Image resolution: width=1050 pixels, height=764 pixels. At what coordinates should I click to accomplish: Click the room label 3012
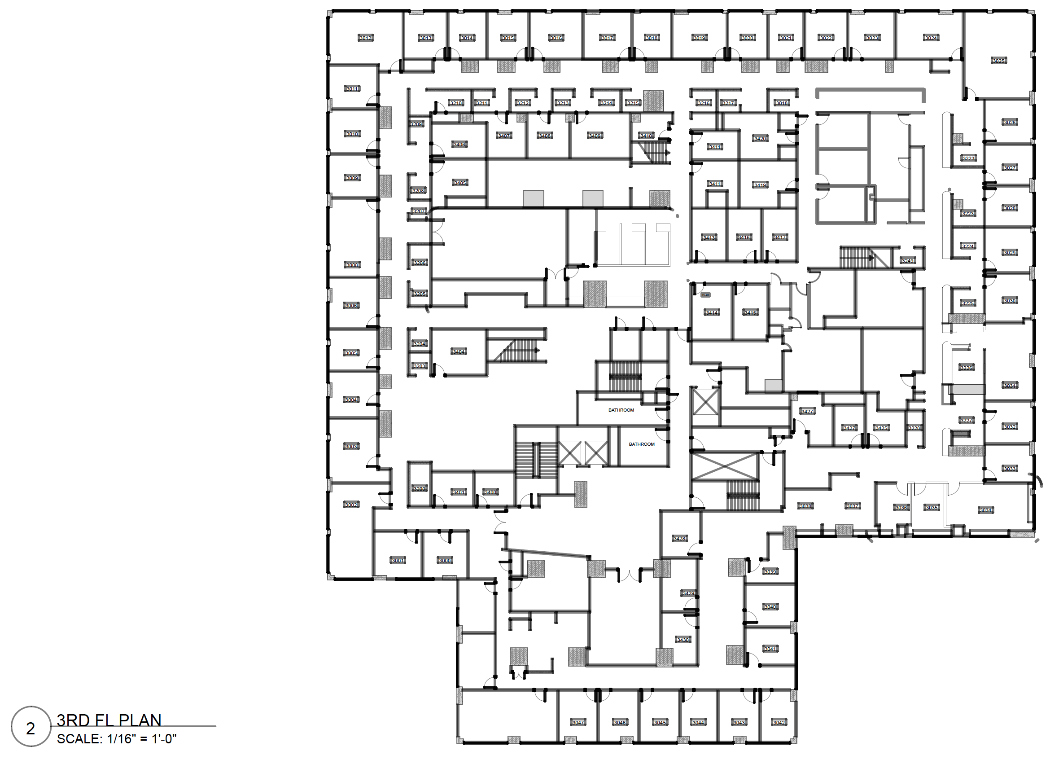365,38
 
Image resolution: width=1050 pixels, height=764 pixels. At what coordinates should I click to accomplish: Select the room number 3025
998,61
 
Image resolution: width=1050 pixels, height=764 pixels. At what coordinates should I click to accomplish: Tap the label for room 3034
985,510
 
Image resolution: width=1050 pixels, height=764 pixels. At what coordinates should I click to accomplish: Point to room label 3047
578,722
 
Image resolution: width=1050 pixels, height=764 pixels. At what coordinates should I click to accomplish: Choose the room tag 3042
779,722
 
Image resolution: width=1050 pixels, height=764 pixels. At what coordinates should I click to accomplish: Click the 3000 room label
445,560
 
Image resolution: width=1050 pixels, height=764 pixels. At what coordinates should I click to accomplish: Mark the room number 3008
352,265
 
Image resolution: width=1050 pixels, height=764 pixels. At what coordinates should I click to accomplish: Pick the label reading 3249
908,261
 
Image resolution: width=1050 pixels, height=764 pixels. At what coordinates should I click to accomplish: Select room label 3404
459,352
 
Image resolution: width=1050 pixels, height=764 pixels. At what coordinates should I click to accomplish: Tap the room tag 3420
760,138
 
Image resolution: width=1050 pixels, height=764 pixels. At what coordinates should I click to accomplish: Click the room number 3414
712,313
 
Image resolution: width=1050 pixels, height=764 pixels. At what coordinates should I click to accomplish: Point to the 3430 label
683,640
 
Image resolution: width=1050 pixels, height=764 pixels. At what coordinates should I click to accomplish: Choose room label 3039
770,572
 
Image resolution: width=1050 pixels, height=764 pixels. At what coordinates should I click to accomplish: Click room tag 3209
416,124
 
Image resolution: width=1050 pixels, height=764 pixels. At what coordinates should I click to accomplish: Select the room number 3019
699,38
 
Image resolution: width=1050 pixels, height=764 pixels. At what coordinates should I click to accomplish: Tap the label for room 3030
1009,300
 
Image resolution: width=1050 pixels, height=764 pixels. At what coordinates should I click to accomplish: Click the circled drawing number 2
31,729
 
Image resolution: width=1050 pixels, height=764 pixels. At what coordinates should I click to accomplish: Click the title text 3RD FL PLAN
109,720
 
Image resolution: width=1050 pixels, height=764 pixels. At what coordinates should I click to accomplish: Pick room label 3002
351,505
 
